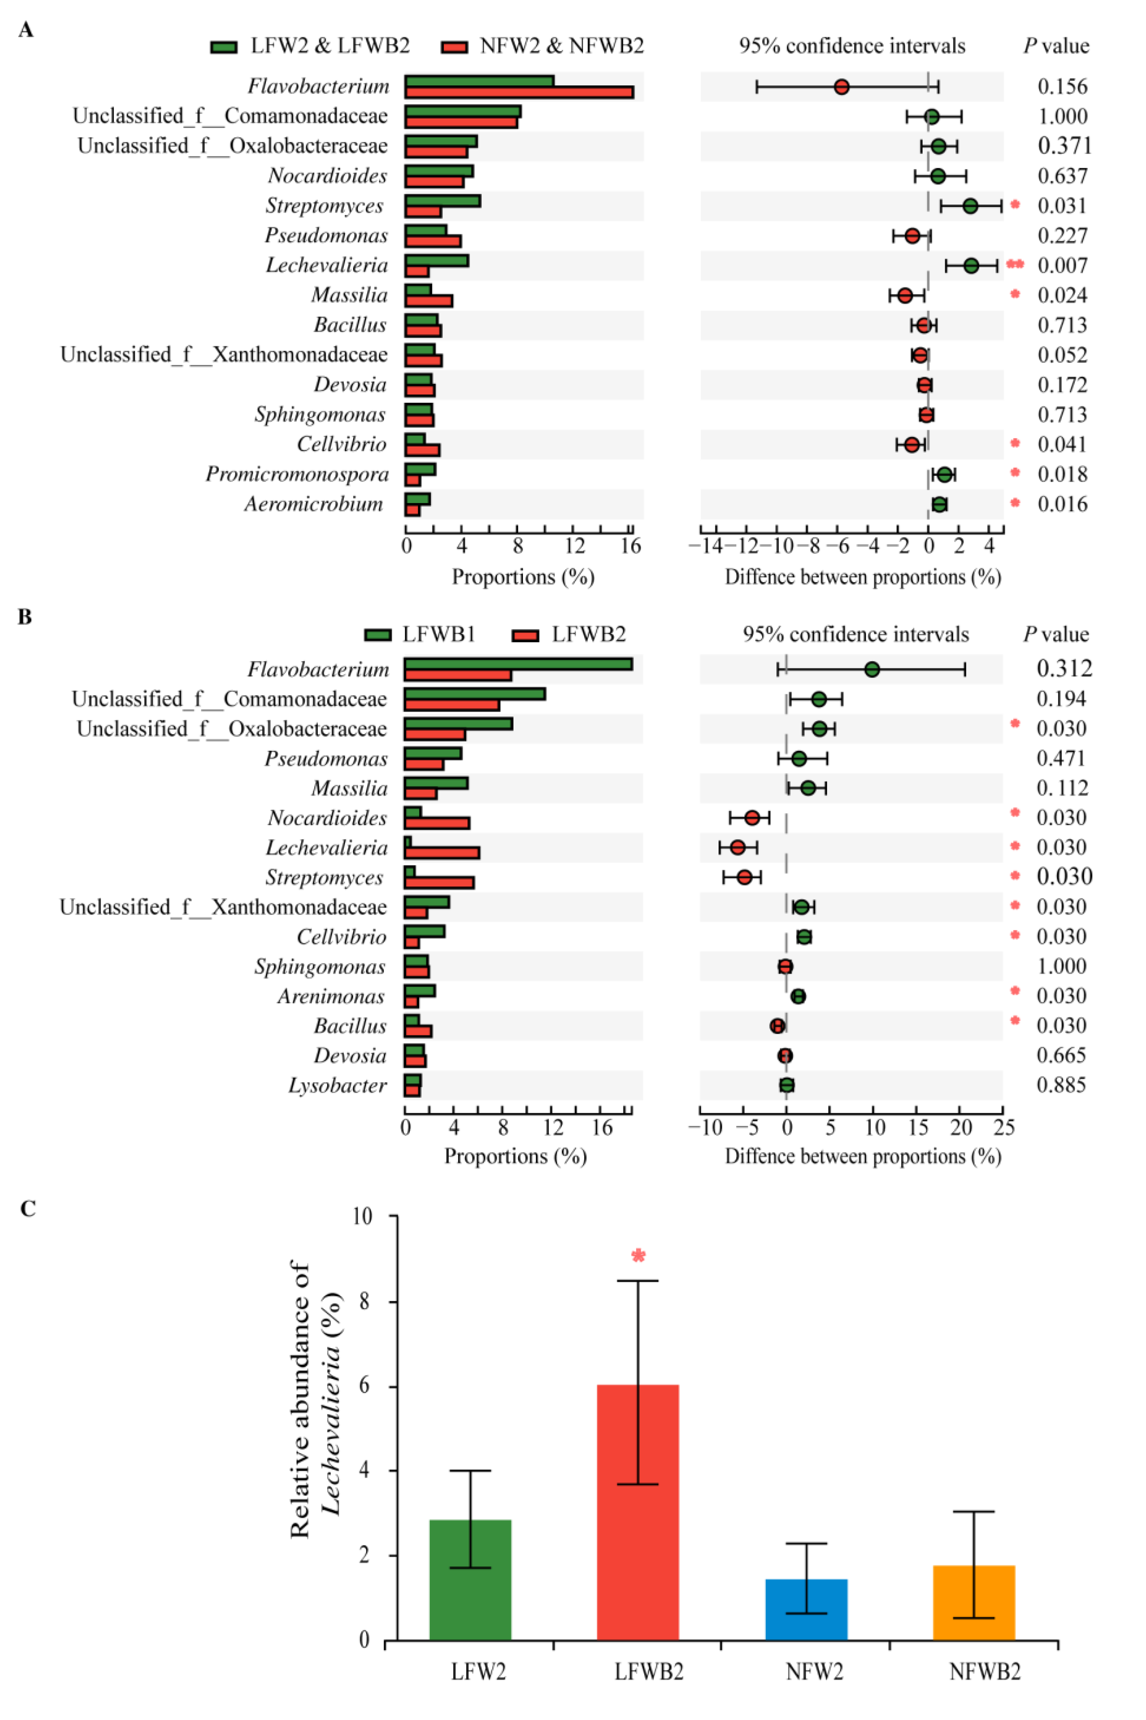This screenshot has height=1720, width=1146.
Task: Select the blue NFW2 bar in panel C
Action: (806, 1608)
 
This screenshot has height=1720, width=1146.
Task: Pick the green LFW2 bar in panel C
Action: (470, 1579)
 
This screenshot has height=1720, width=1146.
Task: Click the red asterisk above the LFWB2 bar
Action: (638, 1256)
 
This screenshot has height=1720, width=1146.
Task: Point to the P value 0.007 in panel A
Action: (1062, 265)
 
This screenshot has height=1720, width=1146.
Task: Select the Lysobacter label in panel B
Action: (337, 1085)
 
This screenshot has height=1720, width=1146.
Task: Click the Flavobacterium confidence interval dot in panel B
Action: (871, 669)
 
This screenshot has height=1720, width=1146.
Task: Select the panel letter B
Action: (25, 617)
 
